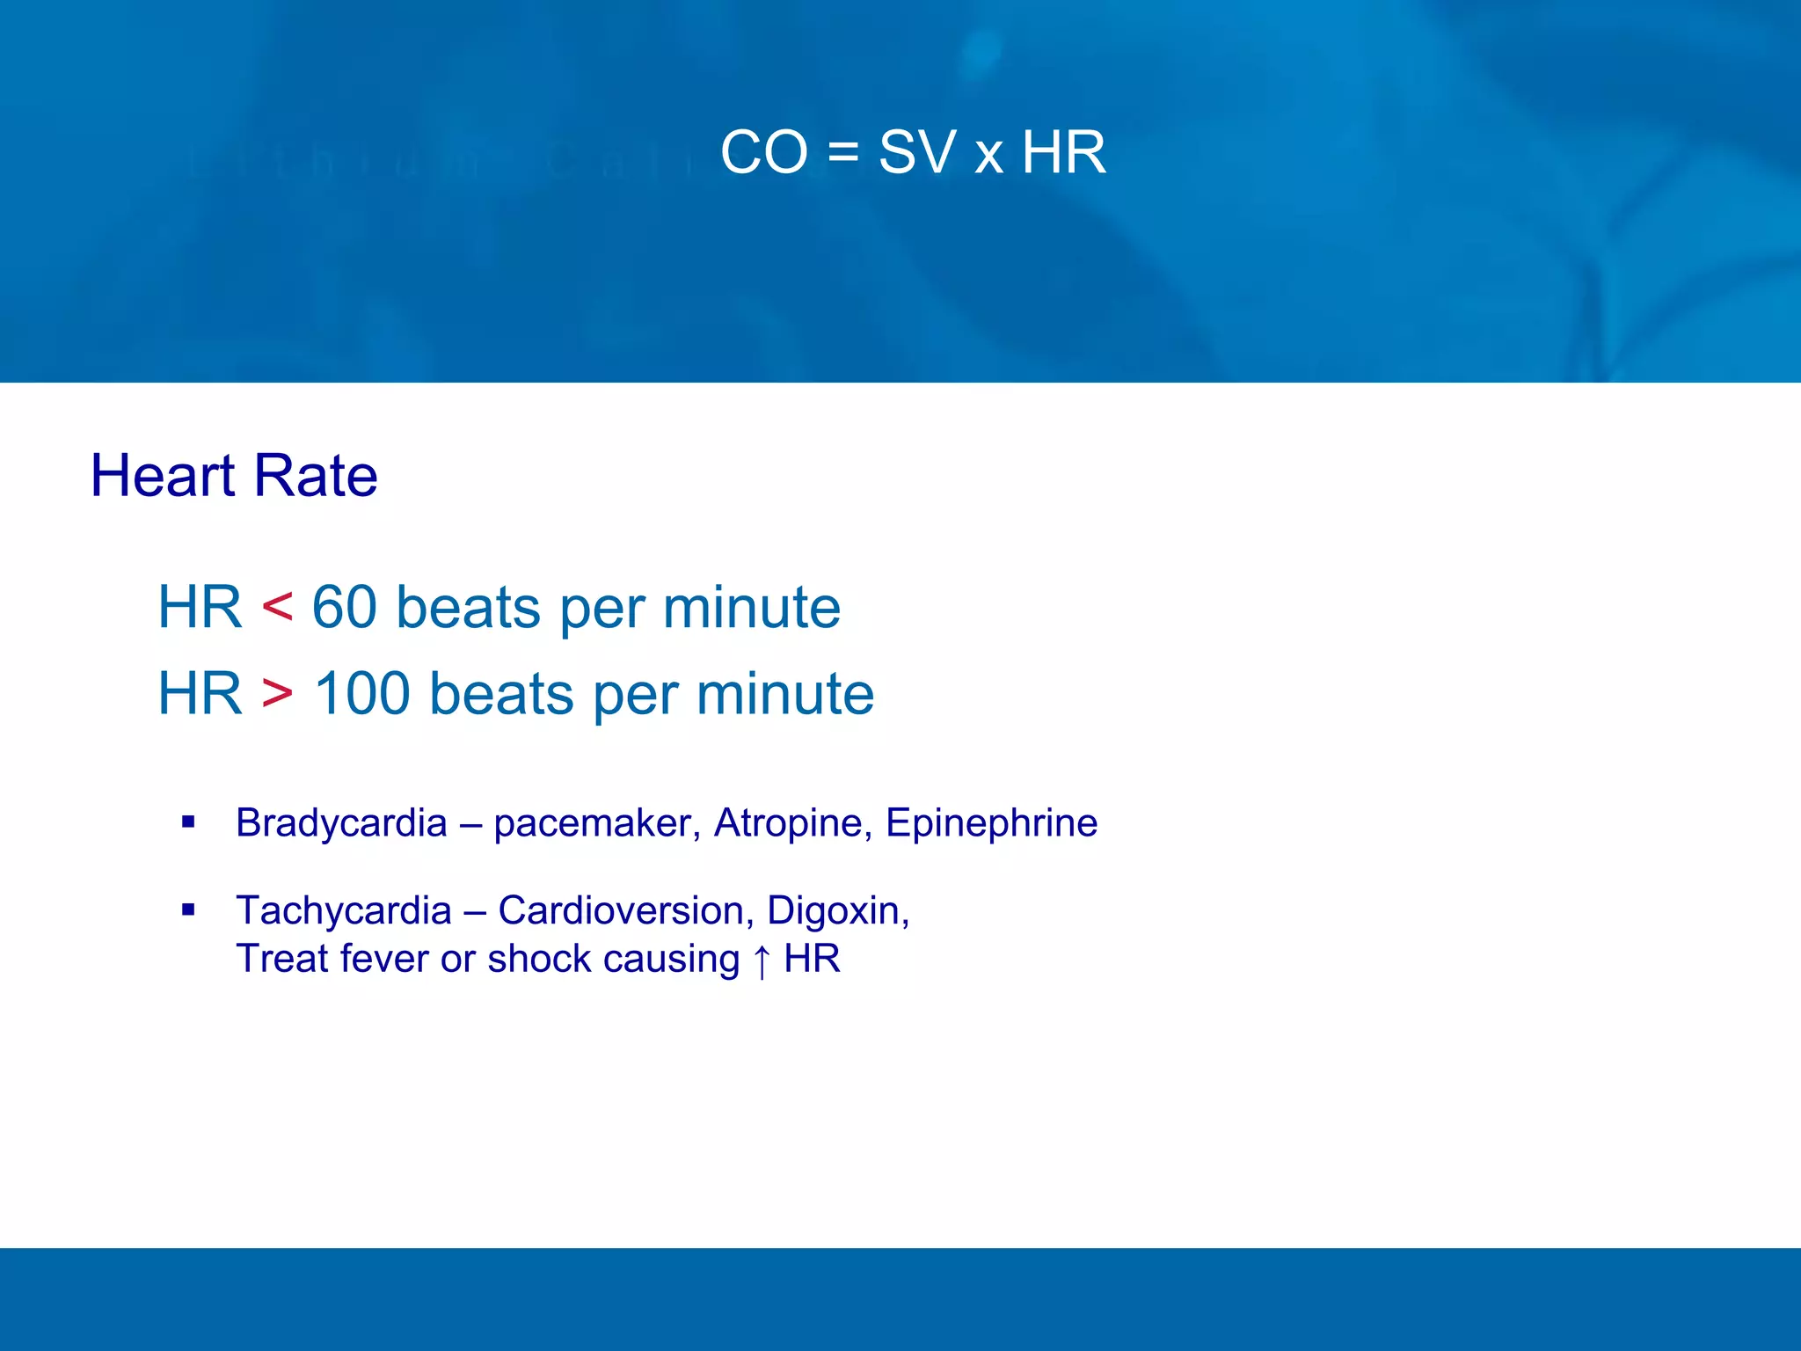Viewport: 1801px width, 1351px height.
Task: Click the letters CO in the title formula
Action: pos(763,152)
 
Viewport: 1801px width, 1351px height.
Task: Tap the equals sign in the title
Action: pos(842,154)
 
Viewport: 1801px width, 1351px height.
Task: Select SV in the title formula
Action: pos(916,152)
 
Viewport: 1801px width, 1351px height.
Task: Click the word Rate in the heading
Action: pos(315,476)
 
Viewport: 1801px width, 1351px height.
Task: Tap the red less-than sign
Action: pos(277,607)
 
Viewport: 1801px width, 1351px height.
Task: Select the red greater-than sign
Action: pos(277,693)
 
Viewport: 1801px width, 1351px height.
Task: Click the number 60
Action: pos(344,607)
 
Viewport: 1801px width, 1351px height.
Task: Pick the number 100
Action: pos(362,693)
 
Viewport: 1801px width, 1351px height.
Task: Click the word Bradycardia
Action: pos(341,823)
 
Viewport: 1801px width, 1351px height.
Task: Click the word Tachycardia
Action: pos(343,911)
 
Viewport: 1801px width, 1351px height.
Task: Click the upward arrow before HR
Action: pos(762,960)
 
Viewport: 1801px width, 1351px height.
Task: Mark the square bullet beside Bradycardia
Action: pos(188,822)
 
